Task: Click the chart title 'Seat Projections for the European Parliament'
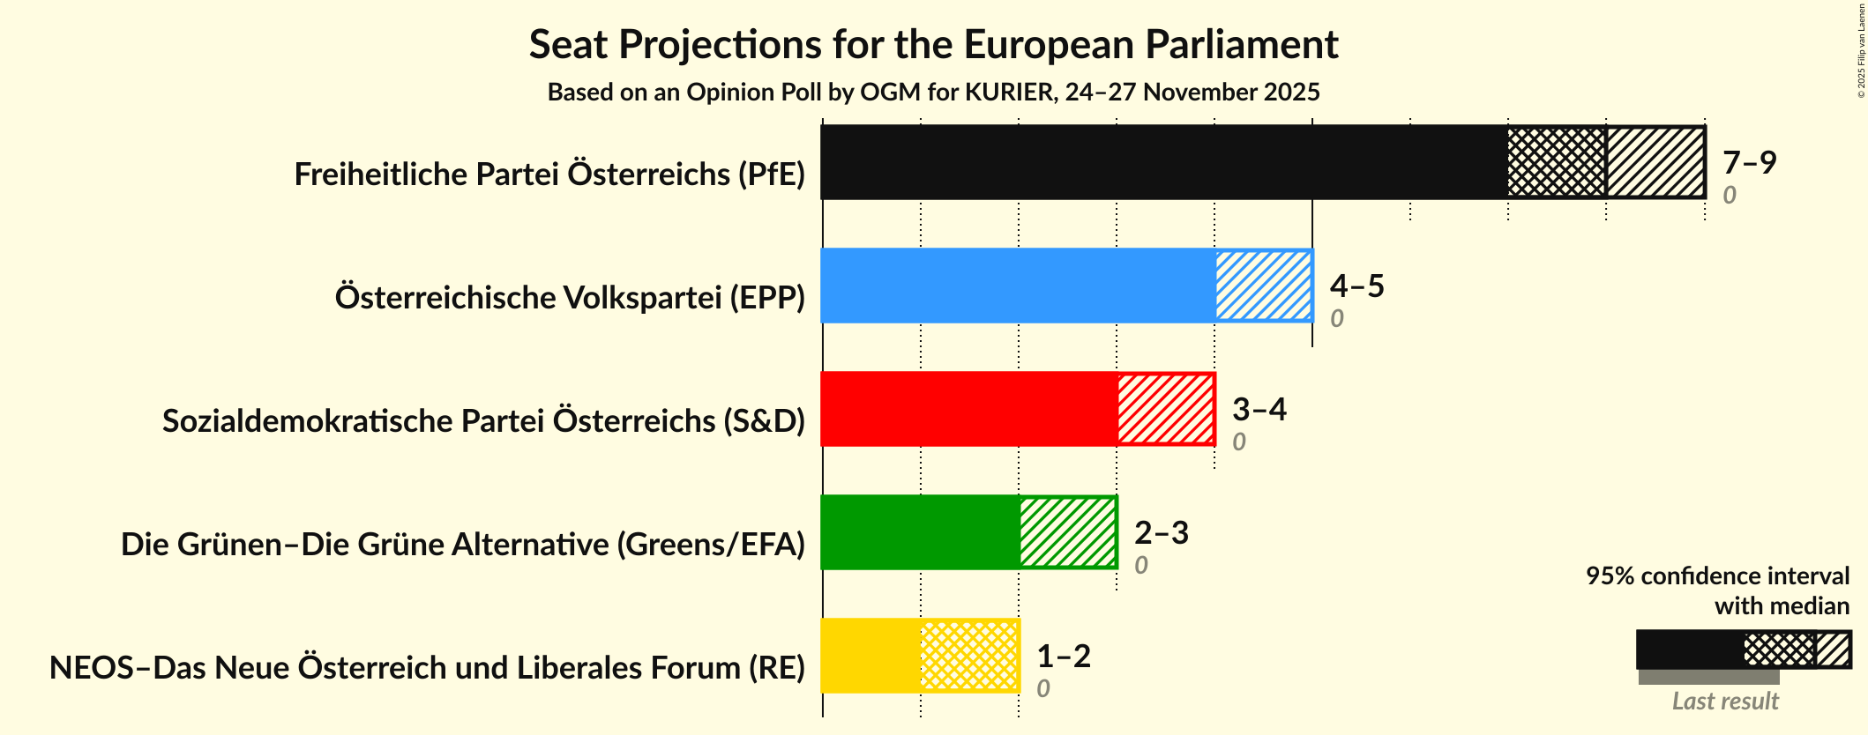[933, 45]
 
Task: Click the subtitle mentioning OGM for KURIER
[933, 93]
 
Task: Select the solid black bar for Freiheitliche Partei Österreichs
[1164, 162]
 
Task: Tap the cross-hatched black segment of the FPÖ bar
[1557, 162]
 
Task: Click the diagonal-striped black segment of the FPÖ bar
[1655, 162]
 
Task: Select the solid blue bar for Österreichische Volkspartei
[1018, 286]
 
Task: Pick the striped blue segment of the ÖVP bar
[1264, 286]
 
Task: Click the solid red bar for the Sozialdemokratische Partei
[969, 409]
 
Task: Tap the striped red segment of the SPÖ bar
[1166, 409]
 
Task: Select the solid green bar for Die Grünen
[920, 532]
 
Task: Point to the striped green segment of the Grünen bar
[1068, 532]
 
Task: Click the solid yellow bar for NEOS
[870, 656]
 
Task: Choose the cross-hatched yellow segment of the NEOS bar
[969, 656]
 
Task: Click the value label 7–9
[1749, 162]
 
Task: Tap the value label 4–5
[1356, 286]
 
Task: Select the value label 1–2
[1063, 656]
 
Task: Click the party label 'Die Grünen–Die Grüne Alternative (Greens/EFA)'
[463, 545]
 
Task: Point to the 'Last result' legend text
[1725, 702]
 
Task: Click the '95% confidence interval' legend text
[1717, 576]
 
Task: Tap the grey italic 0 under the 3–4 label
[1239, 442]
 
